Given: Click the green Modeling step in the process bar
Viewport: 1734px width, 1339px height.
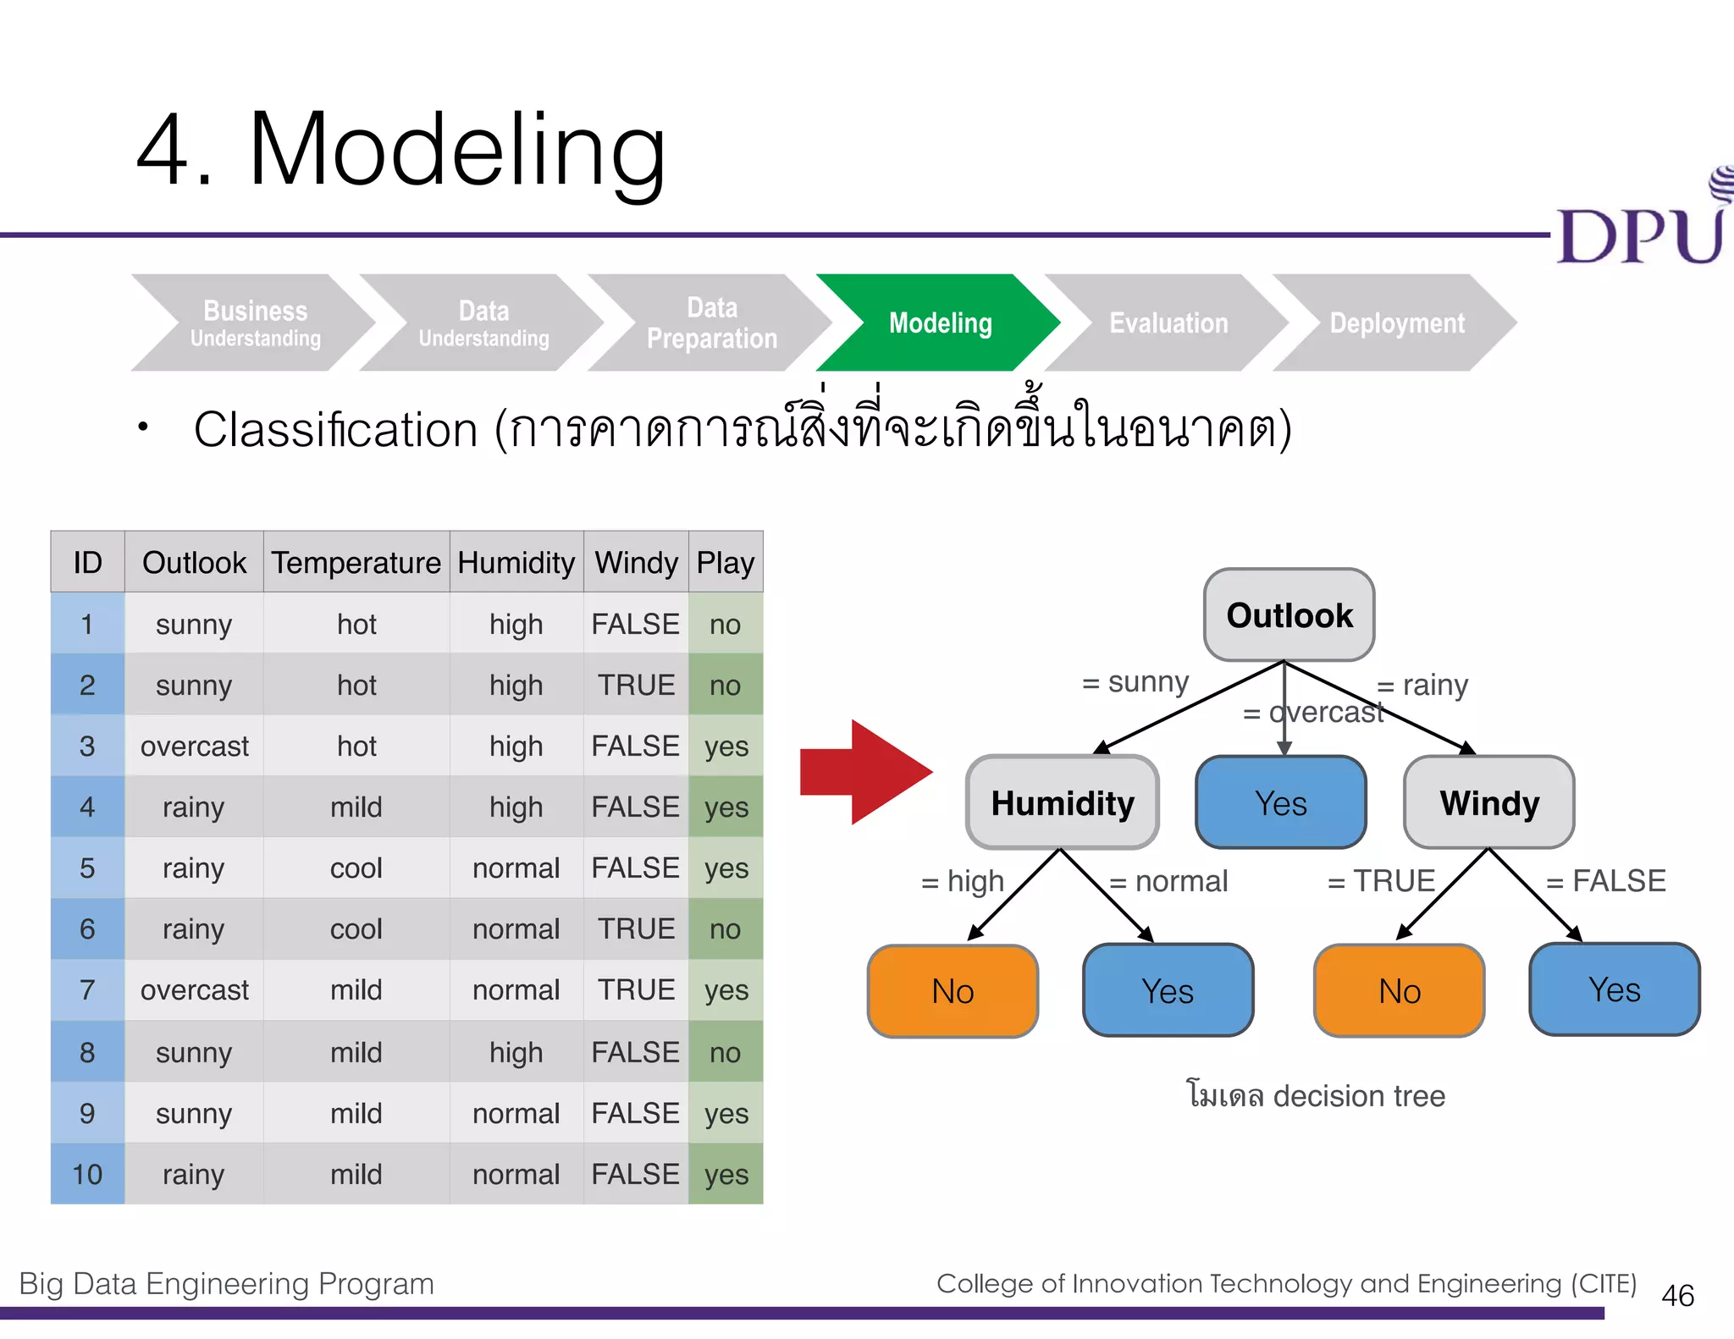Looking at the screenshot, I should coord(939,322).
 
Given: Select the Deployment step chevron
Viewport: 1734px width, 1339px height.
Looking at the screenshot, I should coord(1396,322).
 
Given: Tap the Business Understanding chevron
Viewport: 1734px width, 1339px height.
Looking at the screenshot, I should coord(255,322).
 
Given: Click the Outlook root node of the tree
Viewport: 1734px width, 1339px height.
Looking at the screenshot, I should coord(1289,614).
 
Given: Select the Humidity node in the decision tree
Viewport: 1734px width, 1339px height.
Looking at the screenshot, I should coord(1063,802).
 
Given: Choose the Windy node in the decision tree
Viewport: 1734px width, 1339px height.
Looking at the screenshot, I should coord(1489,802).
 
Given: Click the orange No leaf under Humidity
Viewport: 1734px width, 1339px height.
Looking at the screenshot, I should coord(953,990).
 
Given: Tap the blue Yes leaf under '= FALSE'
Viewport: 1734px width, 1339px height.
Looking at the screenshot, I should coord(1614,989).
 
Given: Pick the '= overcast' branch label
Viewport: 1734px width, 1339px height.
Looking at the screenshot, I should coord(1313,713).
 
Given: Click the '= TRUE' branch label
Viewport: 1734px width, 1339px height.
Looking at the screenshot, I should coord(1381,881).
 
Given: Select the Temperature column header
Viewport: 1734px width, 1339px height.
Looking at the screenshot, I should coord(356,562).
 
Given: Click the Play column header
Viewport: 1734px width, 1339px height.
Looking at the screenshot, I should coord(725,562).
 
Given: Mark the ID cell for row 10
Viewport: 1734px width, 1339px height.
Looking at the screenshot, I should coord(87,1174).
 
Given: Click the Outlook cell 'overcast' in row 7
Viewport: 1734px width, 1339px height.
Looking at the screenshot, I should coord(194,989).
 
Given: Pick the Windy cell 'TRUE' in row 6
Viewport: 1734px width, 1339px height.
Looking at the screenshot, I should coord(636,928).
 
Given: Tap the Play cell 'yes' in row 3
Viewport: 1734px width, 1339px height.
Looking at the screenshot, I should coord(726,746).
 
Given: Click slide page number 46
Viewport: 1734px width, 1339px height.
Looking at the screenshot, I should coord(1677,1295).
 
